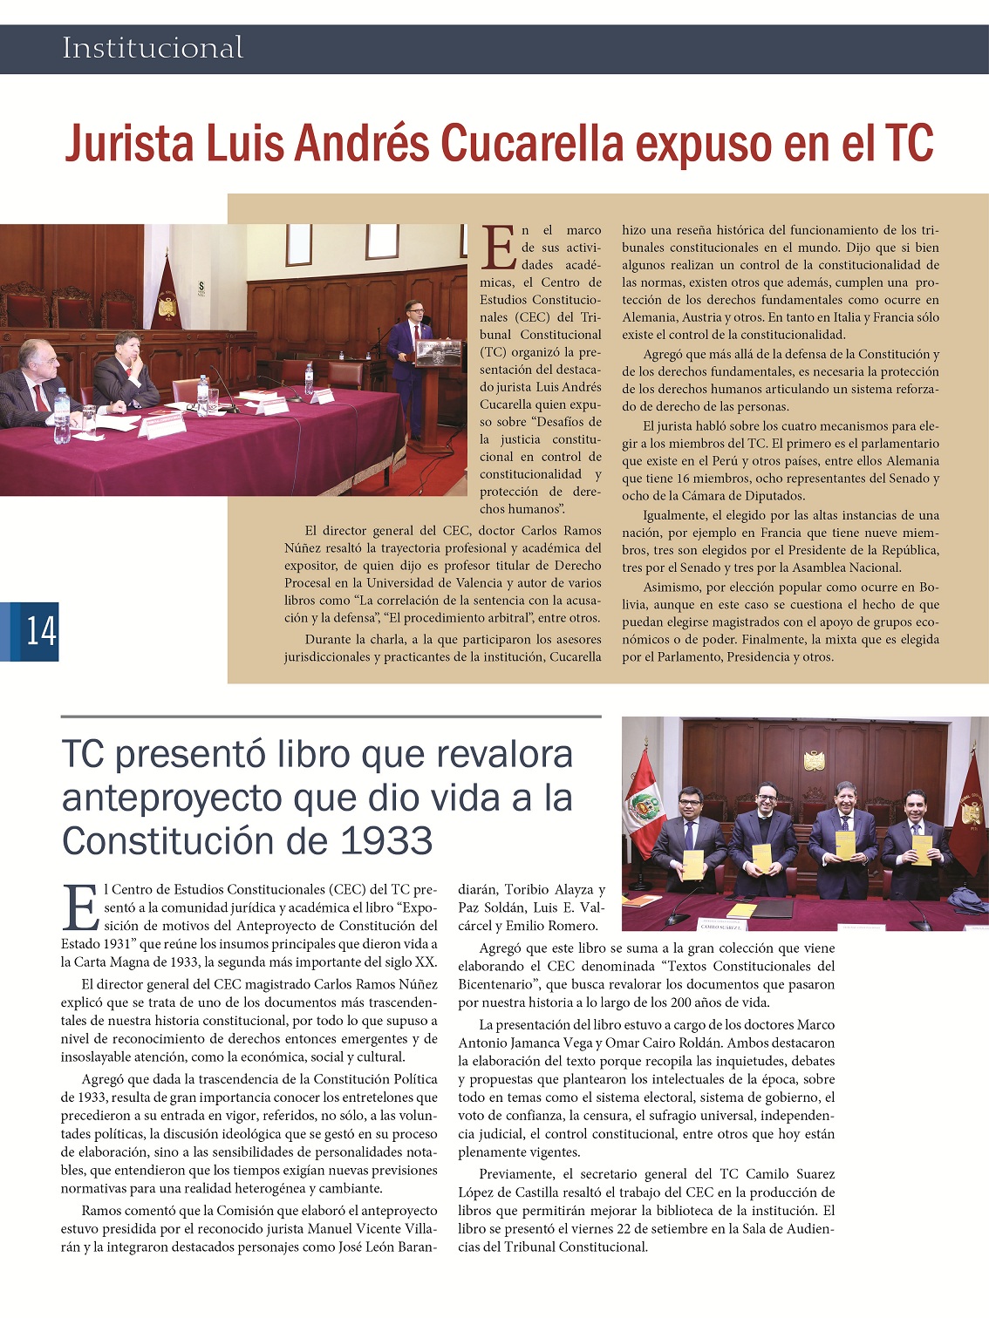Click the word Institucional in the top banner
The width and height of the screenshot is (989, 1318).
[153, 48]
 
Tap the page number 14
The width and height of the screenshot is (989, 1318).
[40, 630]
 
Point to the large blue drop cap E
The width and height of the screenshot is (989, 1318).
[81, 908]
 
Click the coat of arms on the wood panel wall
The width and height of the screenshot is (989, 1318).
[814, 761]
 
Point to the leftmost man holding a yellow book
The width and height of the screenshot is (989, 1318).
[688, 837]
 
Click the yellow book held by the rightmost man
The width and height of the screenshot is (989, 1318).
[922, 849]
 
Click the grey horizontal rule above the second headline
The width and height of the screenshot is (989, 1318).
[331, 717]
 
